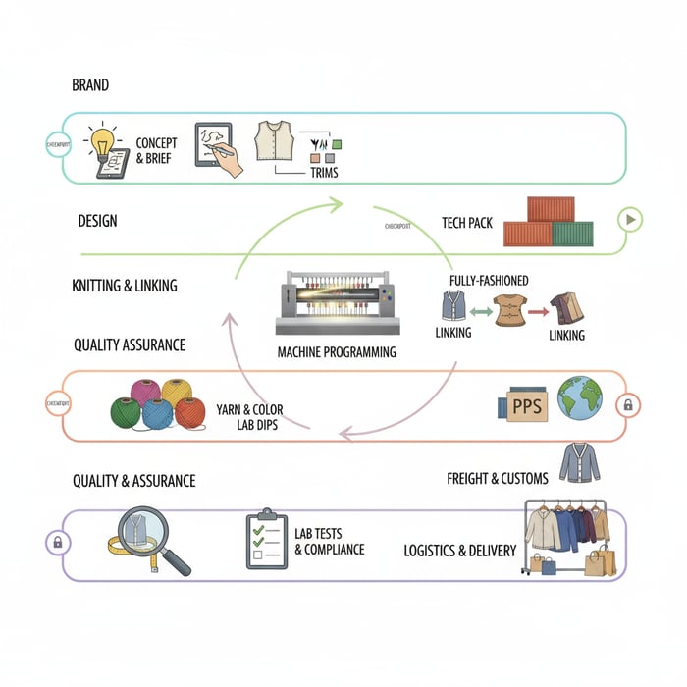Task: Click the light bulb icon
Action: coord(102,140)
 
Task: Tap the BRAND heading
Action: coord(90,85)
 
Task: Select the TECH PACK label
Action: coord(467,223)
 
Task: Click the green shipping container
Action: coord(572,234)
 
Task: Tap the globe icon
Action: coord(580,399)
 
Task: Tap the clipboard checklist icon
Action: coord(266,538)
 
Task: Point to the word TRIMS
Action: coord(324,174)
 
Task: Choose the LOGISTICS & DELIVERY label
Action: coord(459,551)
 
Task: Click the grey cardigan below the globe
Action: coord(579,462)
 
